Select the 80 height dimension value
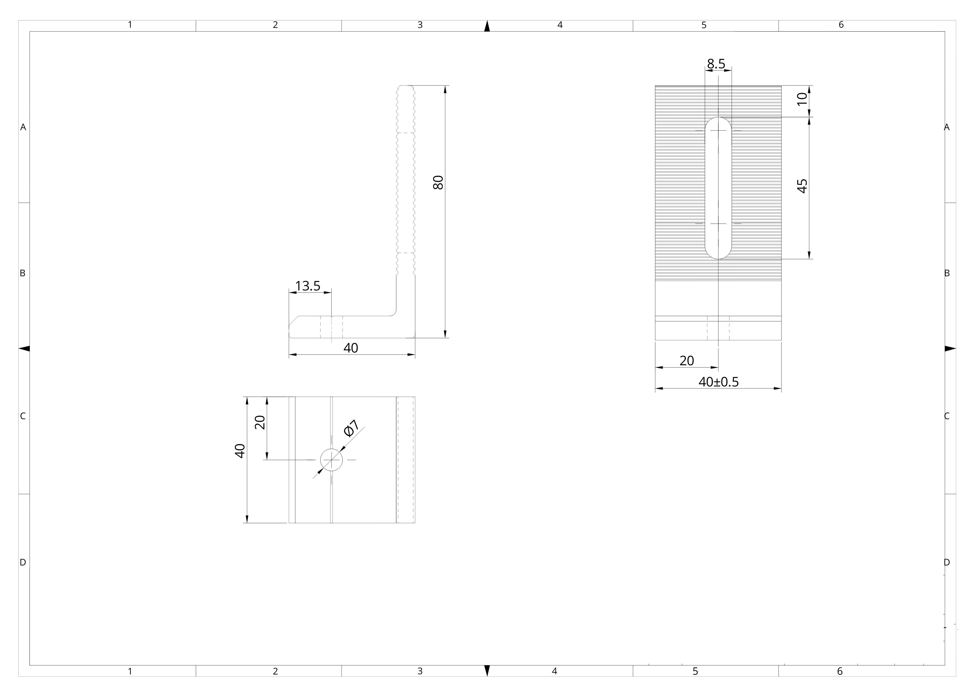coord(438,183)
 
